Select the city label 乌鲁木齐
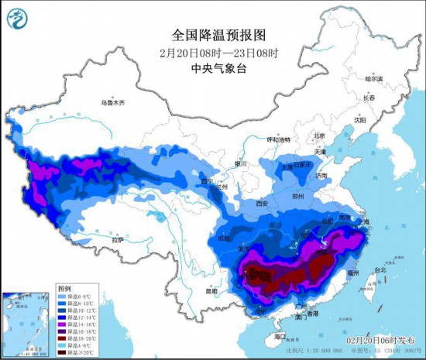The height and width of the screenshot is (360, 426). click(112, 102)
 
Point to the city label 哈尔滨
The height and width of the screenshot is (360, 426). click(374, 79)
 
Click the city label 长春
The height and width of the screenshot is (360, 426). click(368, 98)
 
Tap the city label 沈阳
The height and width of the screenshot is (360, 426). click(359, 120)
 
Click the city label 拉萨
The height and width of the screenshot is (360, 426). click(118, 240)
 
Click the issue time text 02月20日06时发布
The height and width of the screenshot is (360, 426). click(378, 340)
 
